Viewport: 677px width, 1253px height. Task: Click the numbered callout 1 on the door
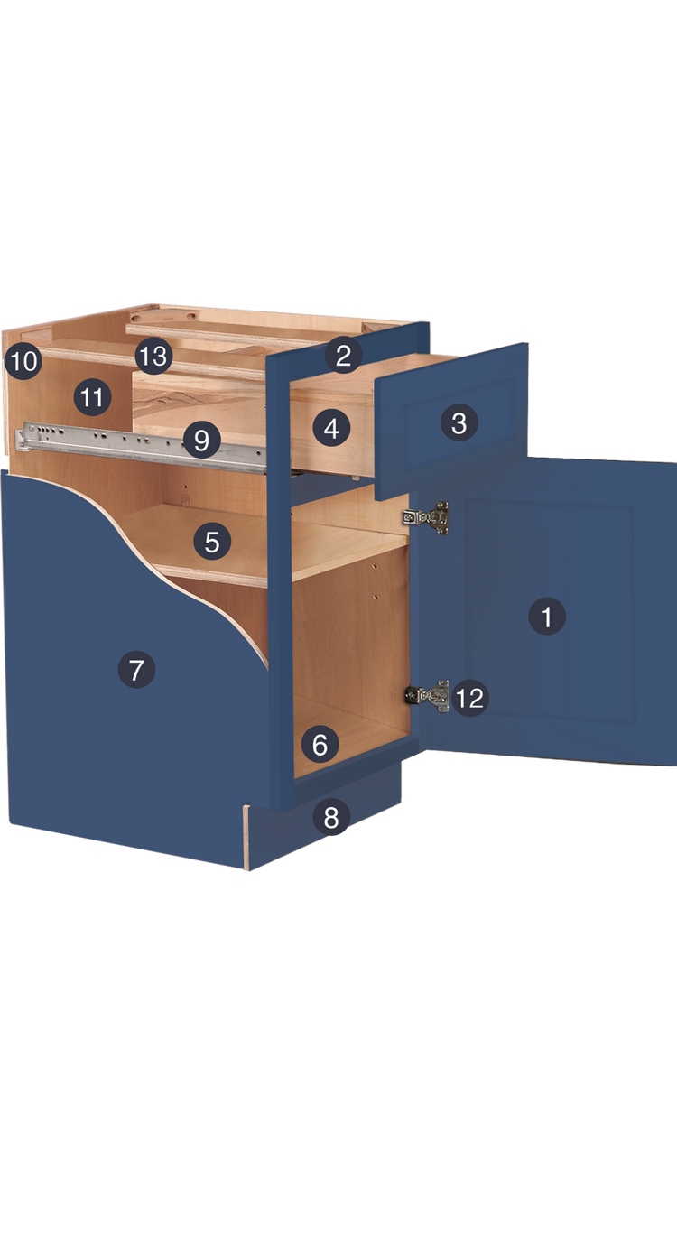[546, 617]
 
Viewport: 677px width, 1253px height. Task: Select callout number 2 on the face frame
[343, 355]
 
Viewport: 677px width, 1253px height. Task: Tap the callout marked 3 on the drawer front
[459, 422]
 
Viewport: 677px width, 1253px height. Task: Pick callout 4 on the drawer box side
[331, 429]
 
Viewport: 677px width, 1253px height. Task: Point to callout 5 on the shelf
[212, 542]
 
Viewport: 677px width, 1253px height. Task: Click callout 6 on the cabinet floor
[320, 746]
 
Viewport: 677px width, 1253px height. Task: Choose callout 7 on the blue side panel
[136, 671]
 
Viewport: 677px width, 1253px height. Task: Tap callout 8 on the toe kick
[331, 818]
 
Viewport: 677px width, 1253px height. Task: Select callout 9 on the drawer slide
[201, 441]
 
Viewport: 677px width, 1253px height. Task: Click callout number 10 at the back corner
[23, 362]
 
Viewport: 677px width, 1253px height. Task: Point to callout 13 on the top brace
[153, 357]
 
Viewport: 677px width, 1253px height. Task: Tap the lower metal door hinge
[429, 695]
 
